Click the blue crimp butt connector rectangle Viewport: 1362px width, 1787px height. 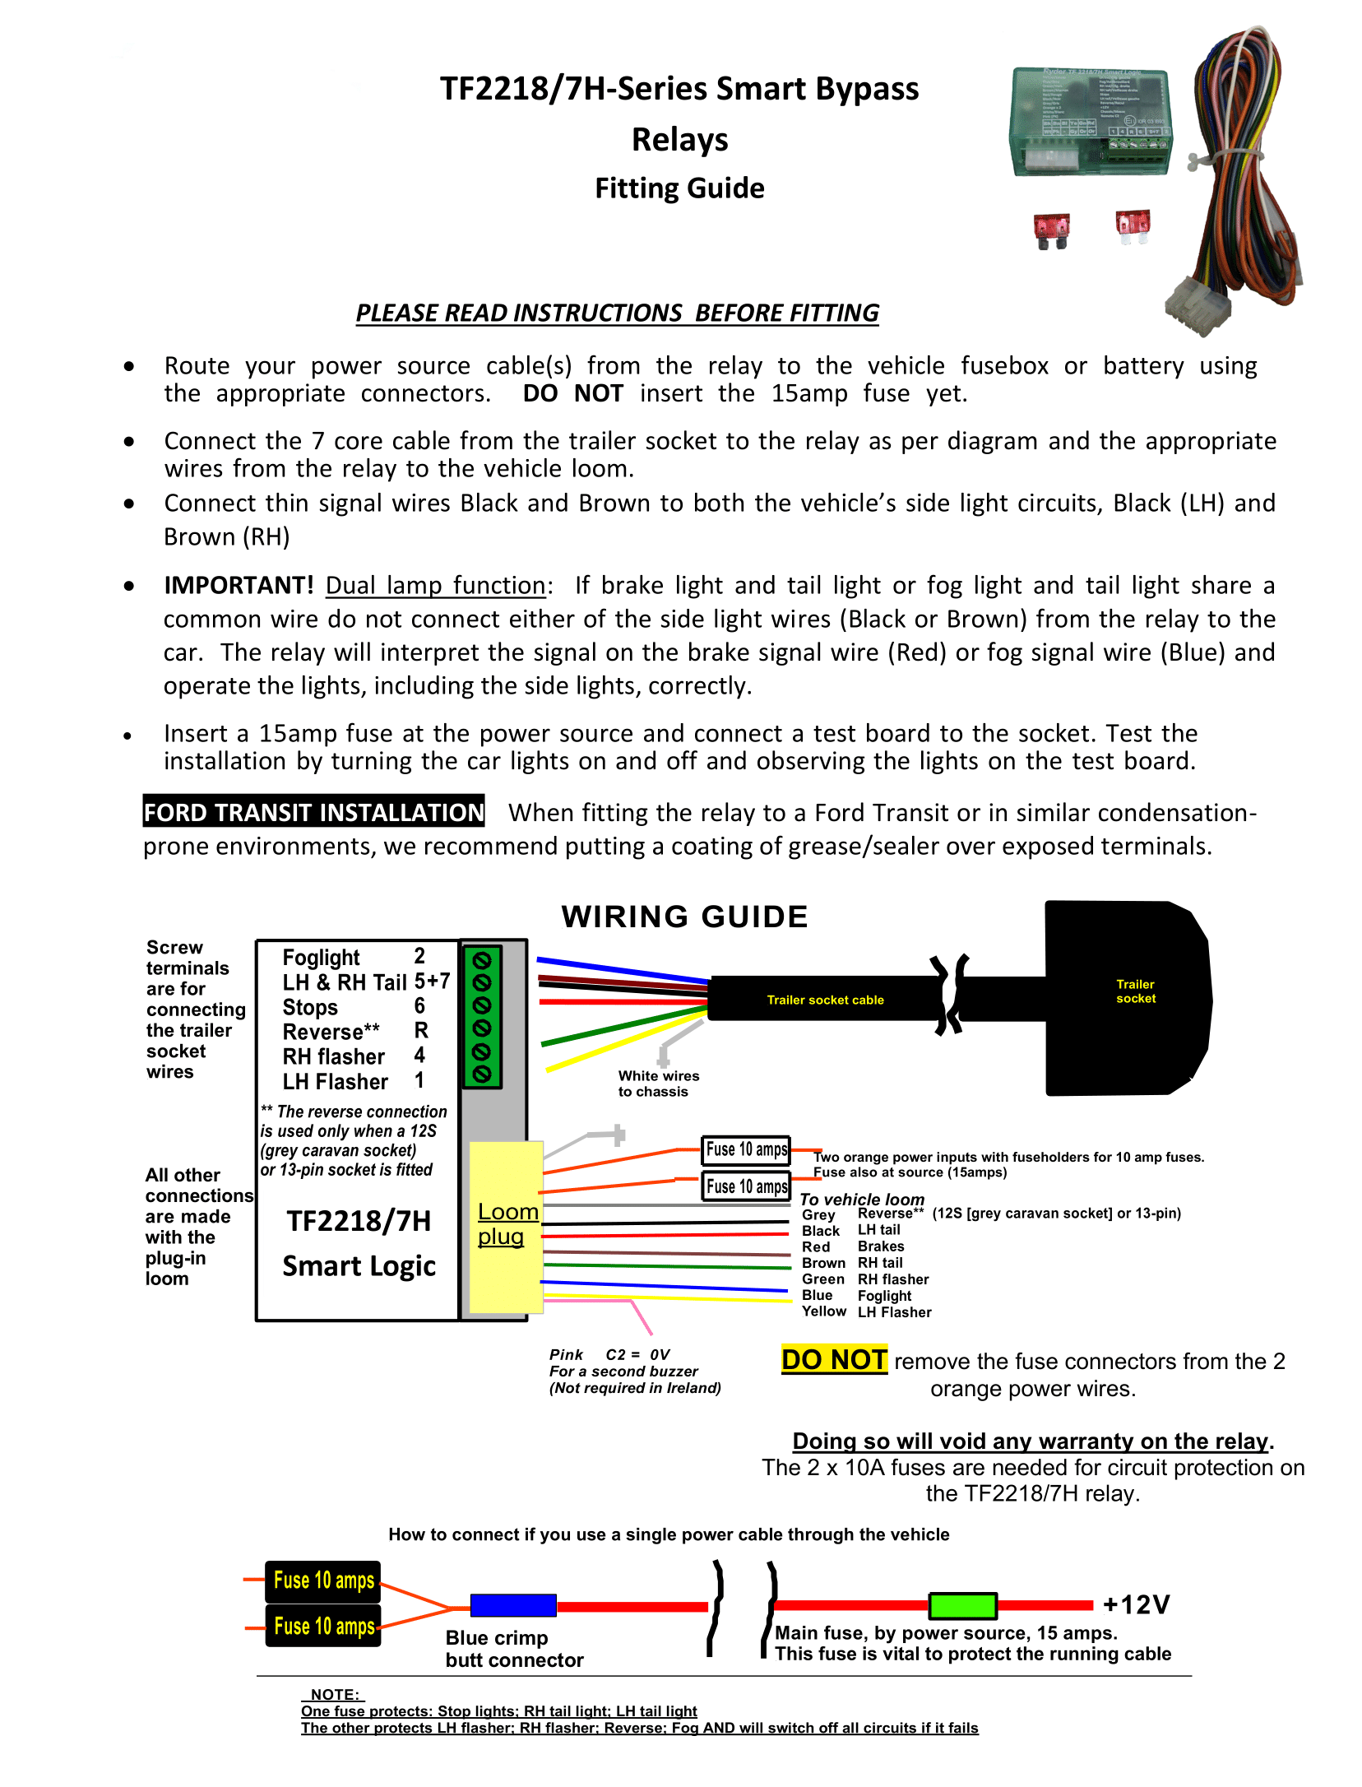coord(512,1604)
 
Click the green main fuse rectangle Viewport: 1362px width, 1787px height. coord(962,1604)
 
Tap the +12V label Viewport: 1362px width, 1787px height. coord(1136,1604)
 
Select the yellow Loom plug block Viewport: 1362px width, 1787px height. coord(506,1226)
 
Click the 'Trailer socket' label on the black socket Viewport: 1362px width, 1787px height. coord(1135,991)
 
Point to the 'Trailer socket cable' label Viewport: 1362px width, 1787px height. coord(825,1000)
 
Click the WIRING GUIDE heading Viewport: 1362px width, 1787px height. coord(684,917)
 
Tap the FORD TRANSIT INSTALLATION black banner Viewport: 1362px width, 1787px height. coord(313,812)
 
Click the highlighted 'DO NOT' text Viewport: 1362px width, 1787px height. coord(833,1360)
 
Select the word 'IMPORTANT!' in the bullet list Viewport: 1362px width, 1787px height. coord(239,585)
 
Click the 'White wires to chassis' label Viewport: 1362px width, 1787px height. coord(658,1084)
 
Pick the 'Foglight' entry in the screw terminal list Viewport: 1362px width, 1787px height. coord(321,958)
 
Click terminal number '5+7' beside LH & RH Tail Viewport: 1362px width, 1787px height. coord(432,982)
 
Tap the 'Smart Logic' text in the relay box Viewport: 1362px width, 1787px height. coord(359,1265)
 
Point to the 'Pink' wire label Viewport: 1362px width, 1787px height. coord(566,1354)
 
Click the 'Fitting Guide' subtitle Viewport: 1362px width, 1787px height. coord(679,188)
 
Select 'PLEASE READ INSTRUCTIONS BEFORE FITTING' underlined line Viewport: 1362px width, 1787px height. coord(617,313)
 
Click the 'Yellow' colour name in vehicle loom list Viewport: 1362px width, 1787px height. coord(823,1311)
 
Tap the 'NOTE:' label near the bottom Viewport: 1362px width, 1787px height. coord(334,1695)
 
